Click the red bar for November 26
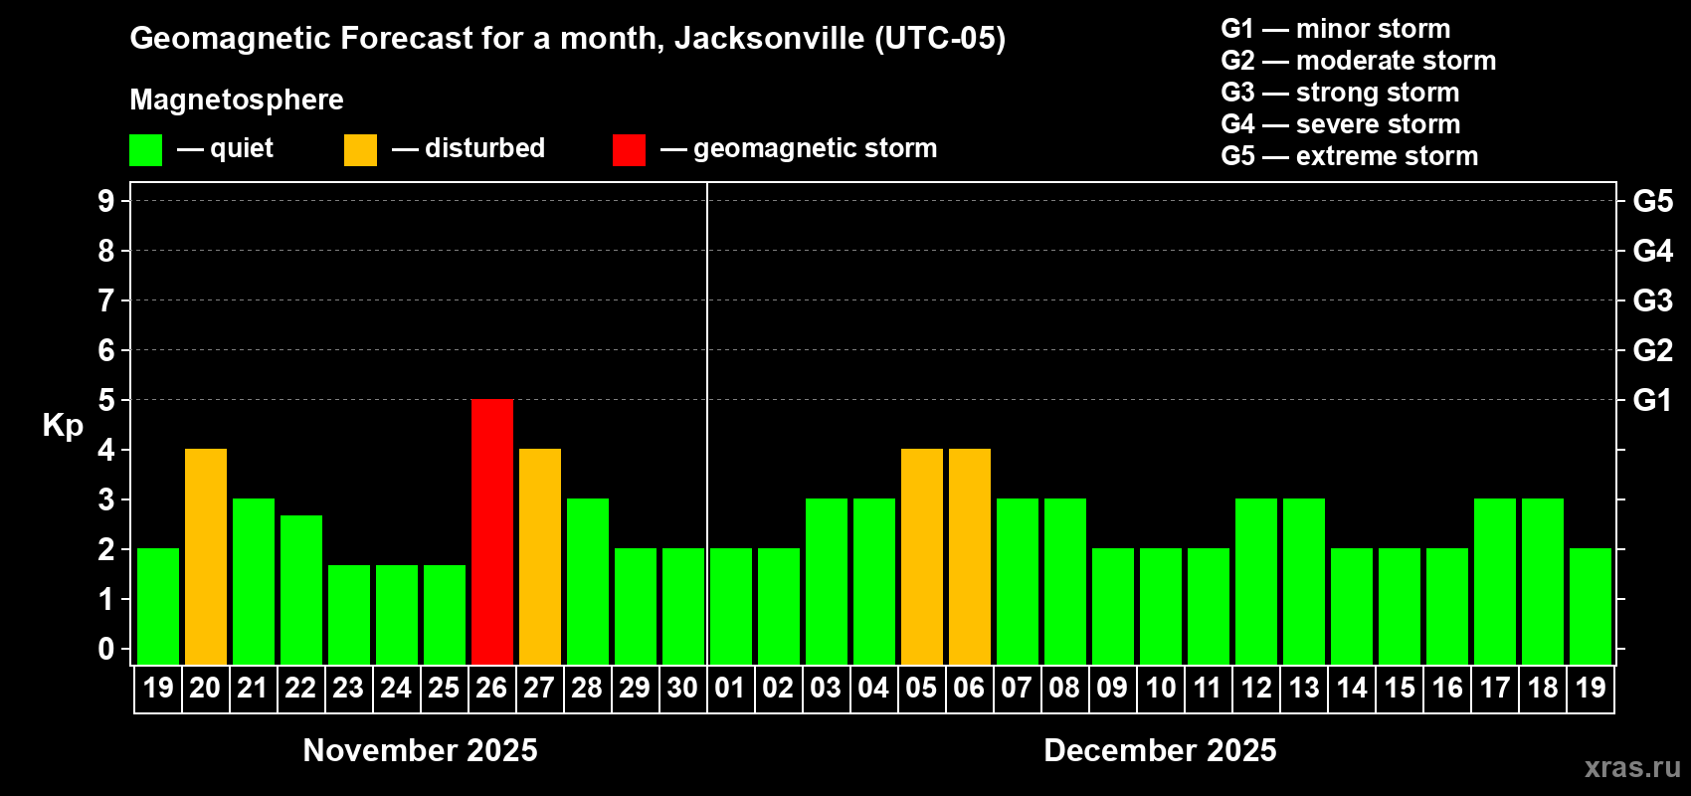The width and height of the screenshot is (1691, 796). [492, 531]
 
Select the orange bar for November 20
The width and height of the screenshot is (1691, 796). [206, 556]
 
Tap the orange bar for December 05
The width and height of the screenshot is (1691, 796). [922, 556]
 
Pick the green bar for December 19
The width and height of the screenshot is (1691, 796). [1591, 606]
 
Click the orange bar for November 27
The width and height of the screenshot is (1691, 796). [540, 556]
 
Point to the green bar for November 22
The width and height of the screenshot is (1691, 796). [301, 589]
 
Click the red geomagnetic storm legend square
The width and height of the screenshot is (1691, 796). [629, 150]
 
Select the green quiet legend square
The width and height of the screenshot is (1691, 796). [146, 150]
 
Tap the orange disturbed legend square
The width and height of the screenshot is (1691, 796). [360, 150]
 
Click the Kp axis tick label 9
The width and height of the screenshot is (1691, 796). [106, 201]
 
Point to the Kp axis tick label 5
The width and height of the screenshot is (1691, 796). [106, 400]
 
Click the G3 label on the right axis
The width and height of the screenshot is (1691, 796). [1652, 300]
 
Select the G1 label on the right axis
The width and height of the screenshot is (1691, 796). [1652, 400]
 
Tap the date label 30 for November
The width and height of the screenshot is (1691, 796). [682, 688]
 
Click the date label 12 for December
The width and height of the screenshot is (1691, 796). [1256, 688]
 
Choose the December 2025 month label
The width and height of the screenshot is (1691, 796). [1160, 750]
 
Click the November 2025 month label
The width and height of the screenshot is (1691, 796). [420, 750]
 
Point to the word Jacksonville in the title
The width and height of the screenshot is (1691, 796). [769, 38]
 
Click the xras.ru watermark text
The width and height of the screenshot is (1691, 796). [1632, 767]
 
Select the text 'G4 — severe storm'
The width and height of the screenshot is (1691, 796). [1340, 124]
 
